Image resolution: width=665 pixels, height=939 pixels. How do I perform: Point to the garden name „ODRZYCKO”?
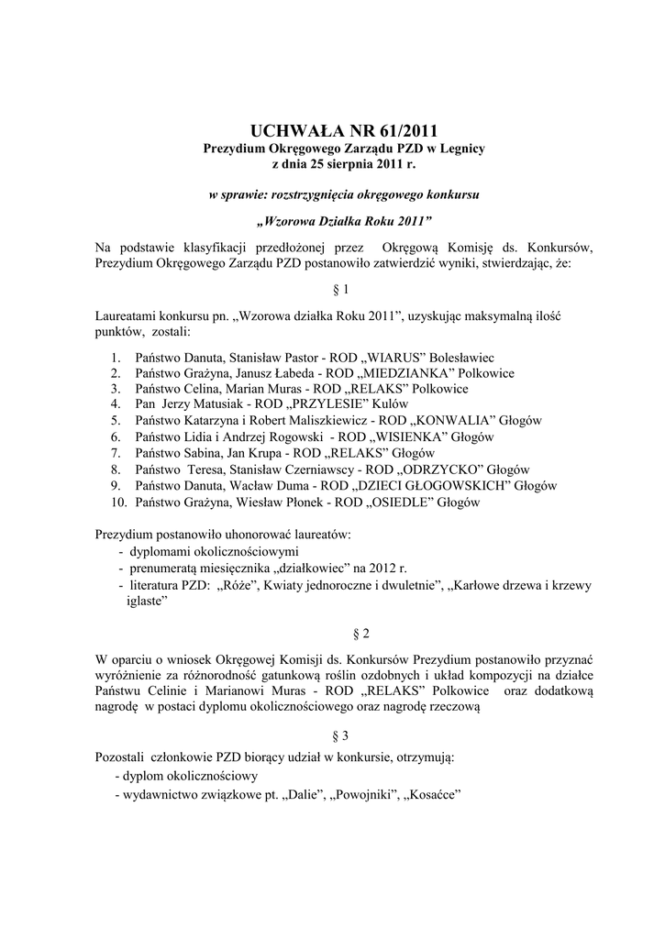click(x=437, y=469)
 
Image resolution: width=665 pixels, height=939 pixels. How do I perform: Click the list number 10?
click(x=115, y=503)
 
